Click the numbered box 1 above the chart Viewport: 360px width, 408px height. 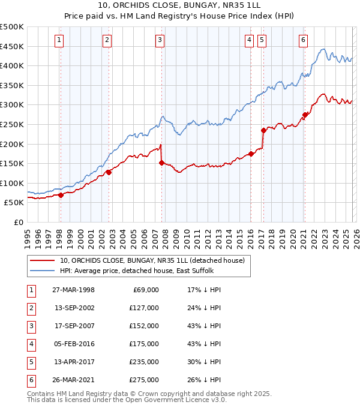point(60,40)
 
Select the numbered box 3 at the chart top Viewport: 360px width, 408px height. point(160,40)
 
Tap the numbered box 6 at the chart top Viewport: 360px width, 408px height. point(304,40)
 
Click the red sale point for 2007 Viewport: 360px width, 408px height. point(161,163)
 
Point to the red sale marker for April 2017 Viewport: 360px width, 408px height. point(263,130)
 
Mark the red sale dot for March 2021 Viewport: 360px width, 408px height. point(305,115)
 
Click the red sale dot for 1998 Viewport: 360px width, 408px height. point(61,195)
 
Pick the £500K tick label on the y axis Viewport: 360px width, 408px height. point(11,27)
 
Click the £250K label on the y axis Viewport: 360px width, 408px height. point(11,124)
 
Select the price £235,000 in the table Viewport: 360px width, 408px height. point(144,362)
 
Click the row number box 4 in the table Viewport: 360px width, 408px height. point(31,344)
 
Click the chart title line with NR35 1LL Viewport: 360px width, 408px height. point(180,5)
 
